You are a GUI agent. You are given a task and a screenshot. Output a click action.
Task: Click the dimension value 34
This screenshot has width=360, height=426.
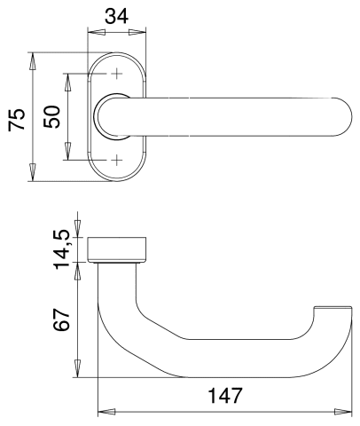pyautogui.click(x=117, y=16)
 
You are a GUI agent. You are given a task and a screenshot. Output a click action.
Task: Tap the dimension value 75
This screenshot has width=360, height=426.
pyautogui.click(x=17, y=120)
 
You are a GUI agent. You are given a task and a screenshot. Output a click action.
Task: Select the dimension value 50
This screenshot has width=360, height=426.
pyautogui.click(x=51, y=116)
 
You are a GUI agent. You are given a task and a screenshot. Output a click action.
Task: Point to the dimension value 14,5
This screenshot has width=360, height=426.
pyautogui.click(x=62, y=250)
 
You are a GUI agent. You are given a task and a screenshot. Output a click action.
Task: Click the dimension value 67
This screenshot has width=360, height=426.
pyautogui.click(x=61, y=319)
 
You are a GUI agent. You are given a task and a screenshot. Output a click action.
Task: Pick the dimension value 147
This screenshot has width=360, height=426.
pyautogui.click(x=225, y=395)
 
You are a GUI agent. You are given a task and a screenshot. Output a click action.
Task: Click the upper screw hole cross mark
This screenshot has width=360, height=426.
pyautogui.click(x=117, y=74)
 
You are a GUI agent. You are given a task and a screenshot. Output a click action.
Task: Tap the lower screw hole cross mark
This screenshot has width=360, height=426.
pyautogui.click(x=117, y=160)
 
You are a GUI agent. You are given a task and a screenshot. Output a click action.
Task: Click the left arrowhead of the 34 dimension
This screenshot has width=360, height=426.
pyautogui.click(x=97, y=32)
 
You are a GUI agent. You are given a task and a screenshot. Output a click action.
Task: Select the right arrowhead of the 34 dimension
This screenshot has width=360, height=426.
pyautogui.click(x=137, y=32)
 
